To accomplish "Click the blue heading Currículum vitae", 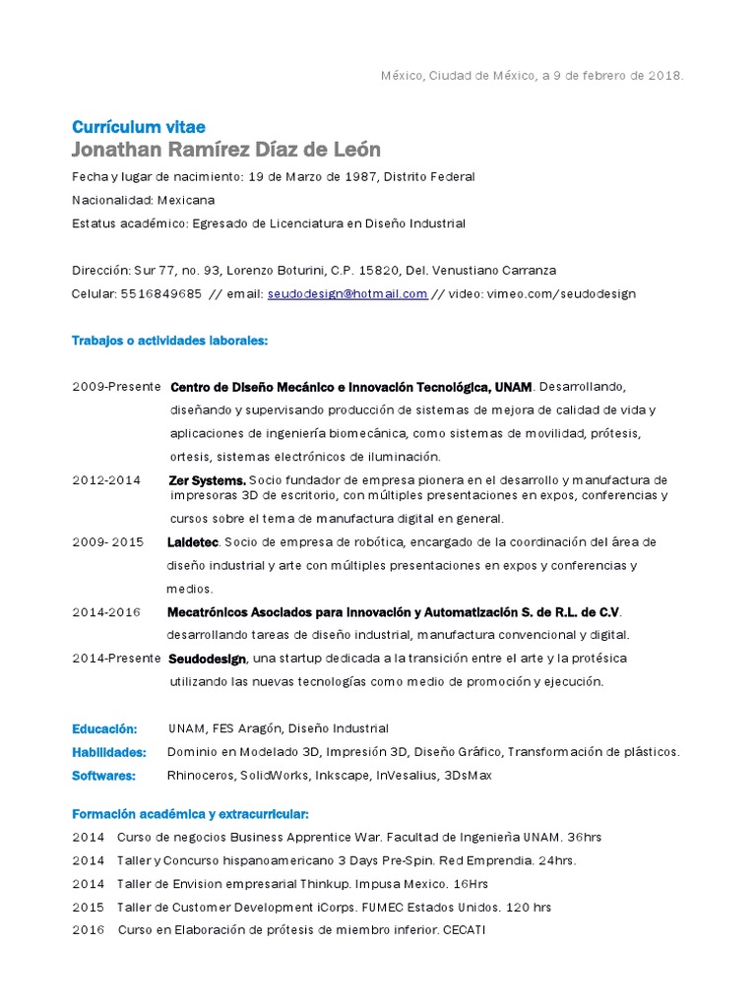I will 138,126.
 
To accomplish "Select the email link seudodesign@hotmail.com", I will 346,293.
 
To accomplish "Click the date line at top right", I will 532,76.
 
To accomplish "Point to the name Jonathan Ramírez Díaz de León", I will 225,150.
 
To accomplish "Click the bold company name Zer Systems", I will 207,480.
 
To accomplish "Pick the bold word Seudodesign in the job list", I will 207,659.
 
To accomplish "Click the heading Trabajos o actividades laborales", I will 169,341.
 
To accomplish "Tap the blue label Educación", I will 104,729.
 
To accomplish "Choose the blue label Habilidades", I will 108,752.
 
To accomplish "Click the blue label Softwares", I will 104,776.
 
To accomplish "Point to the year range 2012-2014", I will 106,480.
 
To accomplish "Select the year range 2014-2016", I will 106,612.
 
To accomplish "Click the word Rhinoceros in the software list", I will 201,776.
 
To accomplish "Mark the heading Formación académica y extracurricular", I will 190,814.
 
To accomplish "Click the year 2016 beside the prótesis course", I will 88,930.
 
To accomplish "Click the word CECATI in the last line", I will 465,930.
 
